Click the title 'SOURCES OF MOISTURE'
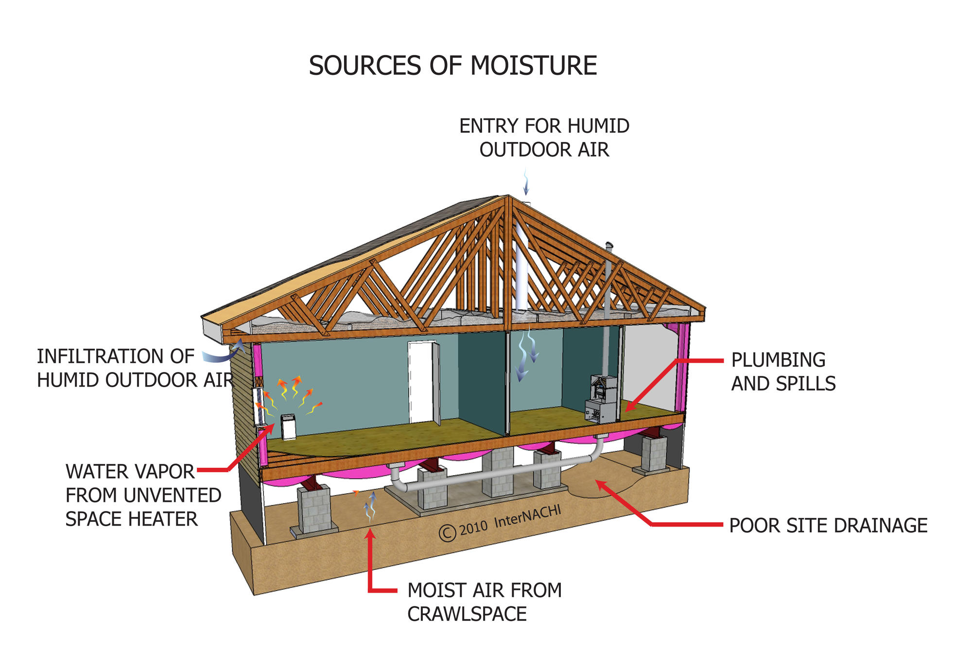tap(452, 66)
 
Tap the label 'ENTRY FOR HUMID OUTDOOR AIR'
tap(544, 138)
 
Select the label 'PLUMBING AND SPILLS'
tap(783, 372)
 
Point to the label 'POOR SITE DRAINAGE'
tap(828, 526)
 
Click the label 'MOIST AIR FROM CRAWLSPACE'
tap(485, 602)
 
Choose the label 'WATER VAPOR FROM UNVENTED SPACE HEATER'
tap(143, 495)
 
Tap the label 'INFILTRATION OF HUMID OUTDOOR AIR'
tap(136, 368)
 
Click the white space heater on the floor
tap(288, 426)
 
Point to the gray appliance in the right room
tap(602, 399)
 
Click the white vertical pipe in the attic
tap(521, 265)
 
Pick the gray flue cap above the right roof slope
tap(609, 245)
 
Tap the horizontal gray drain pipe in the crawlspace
tap(493, 474)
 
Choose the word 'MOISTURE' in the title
tap(534, 66)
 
